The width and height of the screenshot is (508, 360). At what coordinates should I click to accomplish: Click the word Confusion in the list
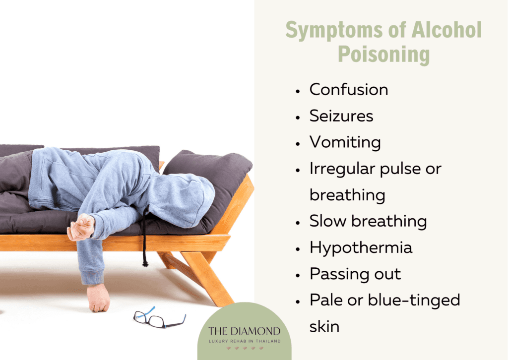point(349,90)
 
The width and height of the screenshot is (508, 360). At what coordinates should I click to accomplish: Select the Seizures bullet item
point(341,116)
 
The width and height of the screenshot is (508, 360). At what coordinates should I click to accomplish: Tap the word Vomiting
point(345,143)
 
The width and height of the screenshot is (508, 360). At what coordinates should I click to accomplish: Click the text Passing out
point(355,274)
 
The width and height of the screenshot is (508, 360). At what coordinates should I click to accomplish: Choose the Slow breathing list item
point(368,221)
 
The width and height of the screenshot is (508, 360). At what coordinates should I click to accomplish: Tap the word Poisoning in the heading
point(383,55)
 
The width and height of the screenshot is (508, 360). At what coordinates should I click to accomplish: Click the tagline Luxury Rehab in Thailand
point(244,341)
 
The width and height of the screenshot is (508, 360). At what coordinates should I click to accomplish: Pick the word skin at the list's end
point(324,326)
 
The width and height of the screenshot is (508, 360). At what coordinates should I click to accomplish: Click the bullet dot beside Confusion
point(297,91)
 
